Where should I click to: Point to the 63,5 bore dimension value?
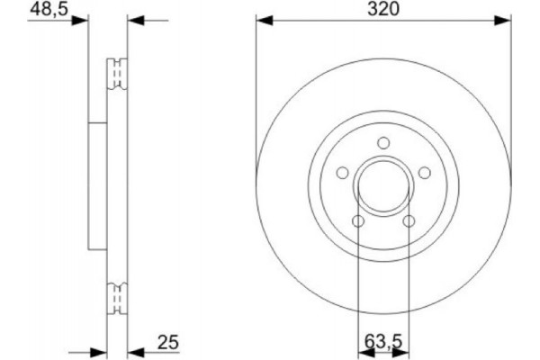(383, 344)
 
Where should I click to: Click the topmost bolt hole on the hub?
(384, 141)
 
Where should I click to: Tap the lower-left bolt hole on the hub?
(357, 222)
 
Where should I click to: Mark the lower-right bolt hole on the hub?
(410, 222)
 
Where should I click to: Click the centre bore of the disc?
(384, 188)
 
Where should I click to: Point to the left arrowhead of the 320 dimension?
(262, 19)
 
